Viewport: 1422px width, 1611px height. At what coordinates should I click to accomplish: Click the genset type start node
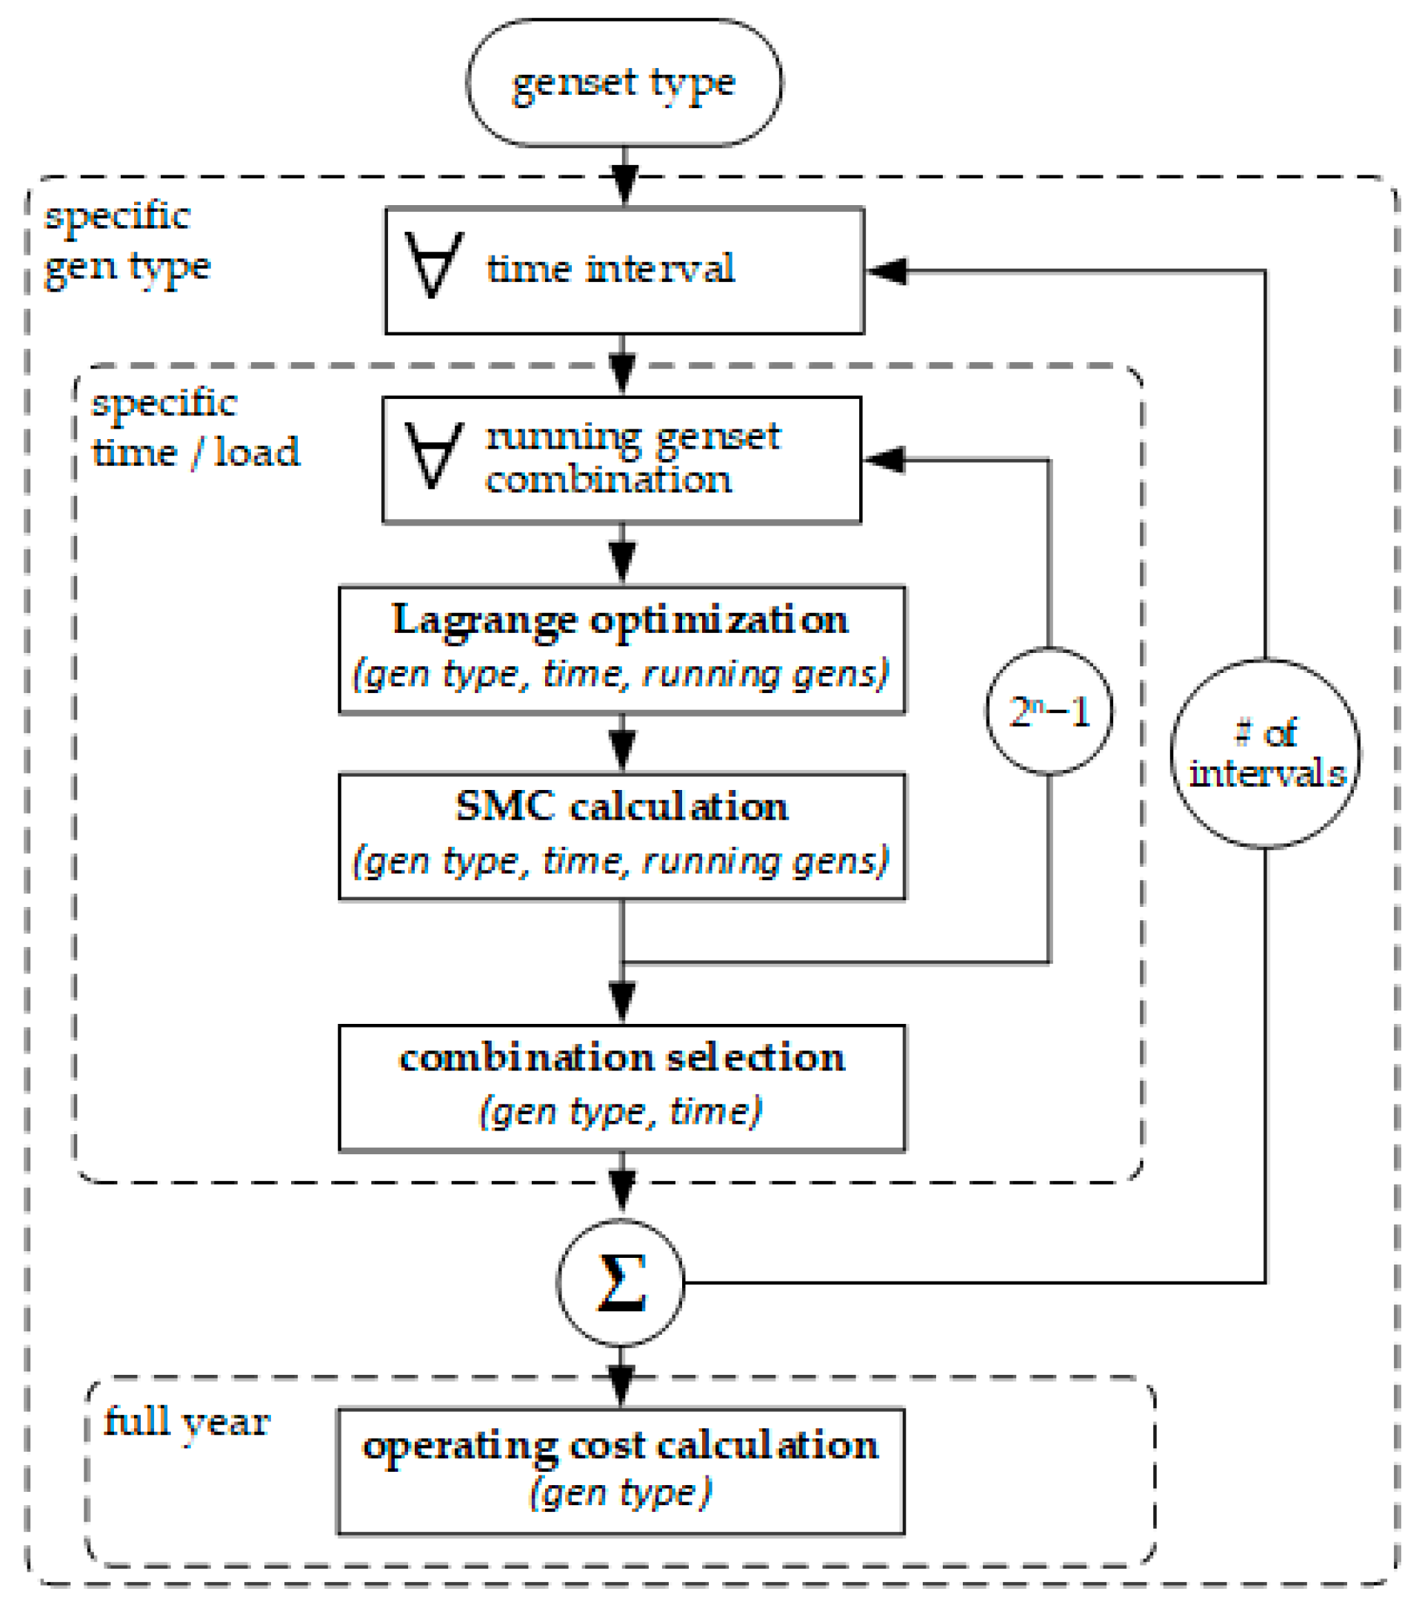[624, 83]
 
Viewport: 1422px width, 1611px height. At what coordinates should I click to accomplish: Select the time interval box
[624, 270]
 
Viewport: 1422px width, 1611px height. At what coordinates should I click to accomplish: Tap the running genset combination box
[622, 460]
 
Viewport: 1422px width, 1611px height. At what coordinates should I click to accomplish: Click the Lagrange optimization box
[622, 649]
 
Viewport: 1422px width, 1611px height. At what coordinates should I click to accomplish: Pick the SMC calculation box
[622, 837]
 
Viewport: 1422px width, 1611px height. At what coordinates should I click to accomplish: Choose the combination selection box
[622, 1088]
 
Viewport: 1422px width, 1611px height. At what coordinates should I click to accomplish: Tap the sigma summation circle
[621, 1282]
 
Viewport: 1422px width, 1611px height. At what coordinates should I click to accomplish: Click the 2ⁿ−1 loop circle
[1049, 711]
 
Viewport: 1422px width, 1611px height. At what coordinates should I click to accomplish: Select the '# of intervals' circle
[1265, 754]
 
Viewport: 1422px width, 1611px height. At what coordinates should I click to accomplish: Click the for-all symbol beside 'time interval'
[433, 265]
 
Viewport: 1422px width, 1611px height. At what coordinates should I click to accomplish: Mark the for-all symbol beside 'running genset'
[433, 455]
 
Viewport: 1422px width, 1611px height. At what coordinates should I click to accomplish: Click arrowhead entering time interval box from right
[884, 271]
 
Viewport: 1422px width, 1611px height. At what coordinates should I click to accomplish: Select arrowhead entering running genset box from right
[883, 460]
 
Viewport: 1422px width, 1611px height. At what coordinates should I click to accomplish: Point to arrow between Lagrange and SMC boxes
[623, 743]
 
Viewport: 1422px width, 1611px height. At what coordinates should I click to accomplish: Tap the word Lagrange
[484, 620]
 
